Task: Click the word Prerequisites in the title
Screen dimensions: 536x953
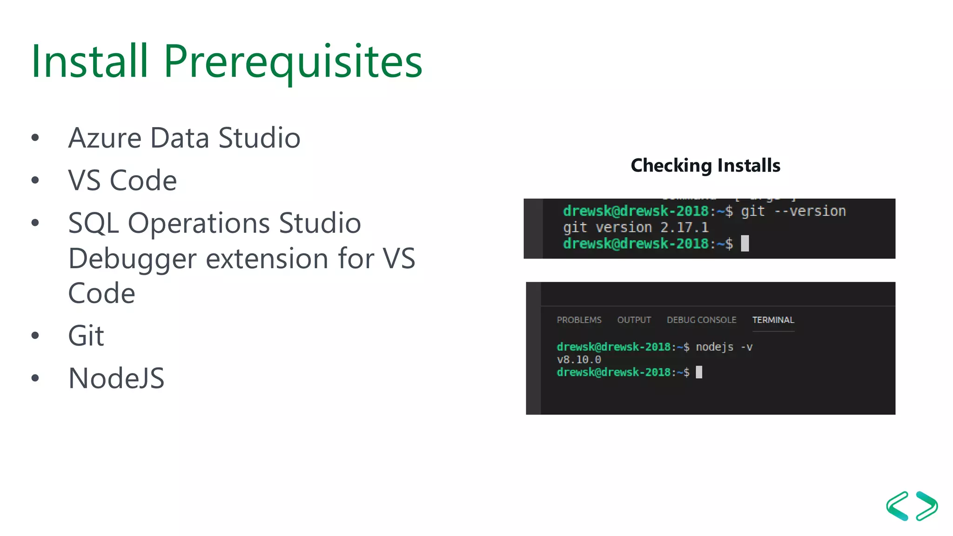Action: (x=293, y=62)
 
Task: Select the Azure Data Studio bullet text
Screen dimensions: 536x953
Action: (x=184, y=138)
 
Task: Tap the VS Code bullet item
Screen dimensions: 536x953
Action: (x=122, y=180)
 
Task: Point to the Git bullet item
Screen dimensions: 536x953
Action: (x=86, y=335)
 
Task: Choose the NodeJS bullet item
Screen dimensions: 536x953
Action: (x=116, y=378)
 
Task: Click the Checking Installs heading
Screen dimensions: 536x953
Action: (x=705, y=165)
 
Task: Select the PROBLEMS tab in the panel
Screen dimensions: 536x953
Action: (x=579, y=320)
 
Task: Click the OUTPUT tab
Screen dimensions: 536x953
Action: (x=634, y=320)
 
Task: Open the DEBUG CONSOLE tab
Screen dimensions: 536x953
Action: (x=701, y=320)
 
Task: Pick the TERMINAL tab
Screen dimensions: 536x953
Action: (x=773, y=320)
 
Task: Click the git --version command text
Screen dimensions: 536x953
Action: (x=793, y=211)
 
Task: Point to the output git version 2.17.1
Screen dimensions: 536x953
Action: (x=636, y=228)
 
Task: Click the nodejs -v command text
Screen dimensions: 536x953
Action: (x=724, y=347)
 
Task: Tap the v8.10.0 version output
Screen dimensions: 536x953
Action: (x=579, y=360)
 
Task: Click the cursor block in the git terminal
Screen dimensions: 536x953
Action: (x=745, y=243)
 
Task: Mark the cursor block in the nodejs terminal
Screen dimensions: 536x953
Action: (x=699, y=372)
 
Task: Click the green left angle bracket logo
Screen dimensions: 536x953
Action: (x=898, y=506)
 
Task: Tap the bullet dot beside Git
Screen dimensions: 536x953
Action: (x=35, y=335)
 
